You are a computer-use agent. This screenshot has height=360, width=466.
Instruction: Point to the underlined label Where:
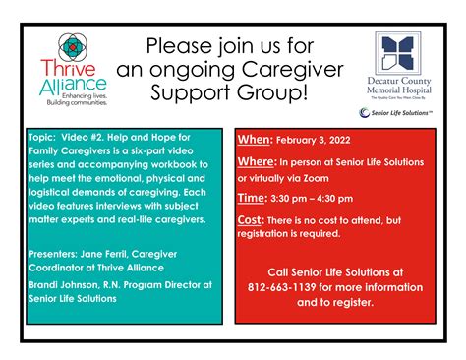[x=257, y=160]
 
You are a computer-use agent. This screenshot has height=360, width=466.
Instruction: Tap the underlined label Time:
[x=251, y=197]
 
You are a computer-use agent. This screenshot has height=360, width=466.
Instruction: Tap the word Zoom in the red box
[x=345, y=179]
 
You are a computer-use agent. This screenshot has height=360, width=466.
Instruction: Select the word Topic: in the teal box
[x=45, y=138]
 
